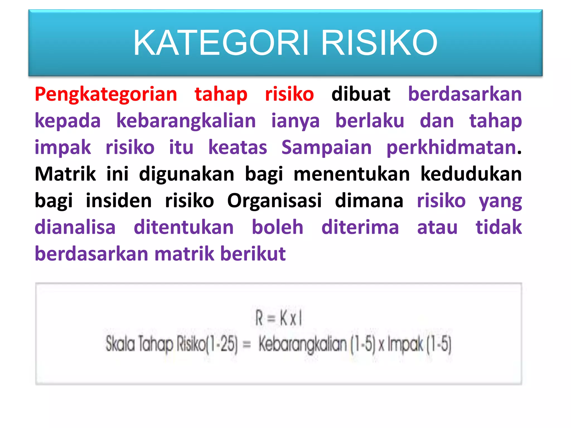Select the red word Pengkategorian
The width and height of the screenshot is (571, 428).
106,95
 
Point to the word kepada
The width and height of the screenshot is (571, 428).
67,121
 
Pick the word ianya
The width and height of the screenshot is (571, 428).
295,121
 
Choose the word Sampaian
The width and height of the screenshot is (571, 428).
326,147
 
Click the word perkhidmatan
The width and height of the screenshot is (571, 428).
451,147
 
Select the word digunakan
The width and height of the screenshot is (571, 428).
187,174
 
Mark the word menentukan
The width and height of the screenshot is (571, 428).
352,174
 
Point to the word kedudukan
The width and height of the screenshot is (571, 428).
471,174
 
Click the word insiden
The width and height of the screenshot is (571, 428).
118,201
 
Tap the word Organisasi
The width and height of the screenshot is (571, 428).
274,201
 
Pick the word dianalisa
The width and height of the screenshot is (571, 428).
75,227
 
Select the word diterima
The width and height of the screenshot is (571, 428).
360,227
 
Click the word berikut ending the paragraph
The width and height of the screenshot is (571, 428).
253,254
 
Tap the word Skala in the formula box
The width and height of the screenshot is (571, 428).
120,344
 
